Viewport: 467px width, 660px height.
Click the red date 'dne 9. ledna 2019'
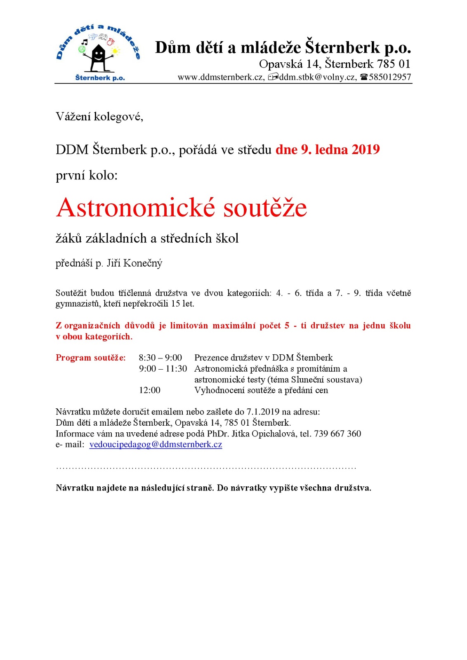pyautogui.click(x=328, y=149)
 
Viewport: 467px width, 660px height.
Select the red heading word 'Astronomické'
pyautogui.click(x=136, y=207)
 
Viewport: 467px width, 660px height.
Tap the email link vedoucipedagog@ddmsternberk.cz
pyautogui.click(x=156, y=445)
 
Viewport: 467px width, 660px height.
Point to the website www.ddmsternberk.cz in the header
pyautogui.click(x=221, y=77)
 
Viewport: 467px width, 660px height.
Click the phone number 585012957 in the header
pyautogui.click(x=390, y=77)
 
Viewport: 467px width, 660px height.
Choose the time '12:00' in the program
pyautogui.click(x=149, y=390)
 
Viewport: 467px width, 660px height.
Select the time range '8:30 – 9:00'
pyautogui.click(x=160, y=358)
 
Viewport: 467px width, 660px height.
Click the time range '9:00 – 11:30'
pyautogui.click(x=163, y=369)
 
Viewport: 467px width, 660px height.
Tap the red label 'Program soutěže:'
pyautogui.click(x=91, y=358)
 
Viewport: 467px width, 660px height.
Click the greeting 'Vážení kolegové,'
pyautogui.click(x=99, y=117)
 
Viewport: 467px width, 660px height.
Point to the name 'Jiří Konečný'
pyautogui.click(x=134, y=263)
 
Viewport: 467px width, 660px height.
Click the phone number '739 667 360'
pyautogui.click(x=337, y=434)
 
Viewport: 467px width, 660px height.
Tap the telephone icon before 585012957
pyautogui.click(x=363, y=77)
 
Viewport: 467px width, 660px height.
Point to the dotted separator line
pyautogui.click(x=206, y=468)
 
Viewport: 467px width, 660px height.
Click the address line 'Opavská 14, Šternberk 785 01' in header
pyautogui.click(x=335, y=64)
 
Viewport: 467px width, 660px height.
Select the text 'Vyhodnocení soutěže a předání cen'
pyautogui.click(x=261, y=390)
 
